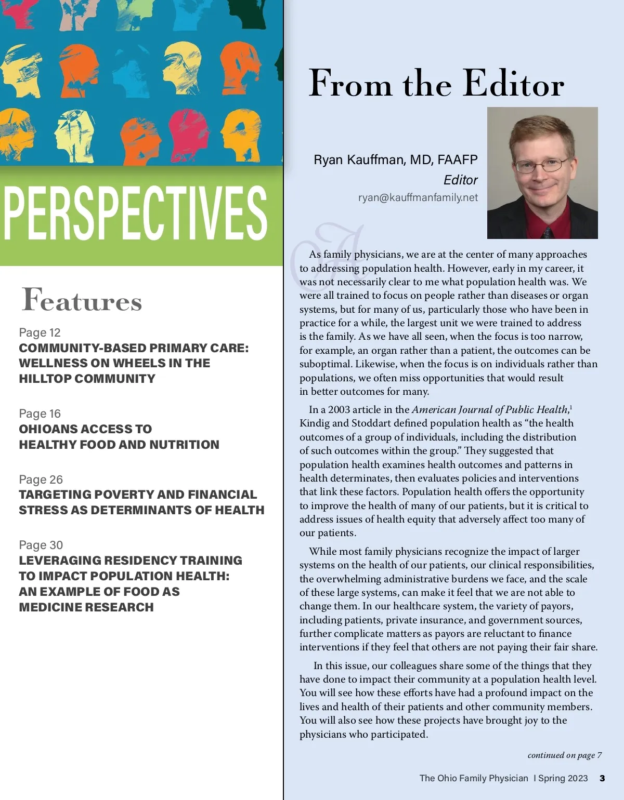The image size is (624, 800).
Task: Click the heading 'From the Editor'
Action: tap(436, 84)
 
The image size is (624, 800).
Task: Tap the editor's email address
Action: tap(418, 197)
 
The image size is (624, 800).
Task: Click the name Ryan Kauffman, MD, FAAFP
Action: tap(395, 159)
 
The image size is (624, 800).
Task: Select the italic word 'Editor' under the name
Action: tap(460, 180)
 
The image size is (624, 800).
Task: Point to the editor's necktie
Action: tap(547, 232)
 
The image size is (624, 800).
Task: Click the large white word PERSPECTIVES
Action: tap(135, 214)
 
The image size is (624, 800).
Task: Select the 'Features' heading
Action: tap(82, 300)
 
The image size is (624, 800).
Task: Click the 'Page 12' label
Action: tap(40, 332)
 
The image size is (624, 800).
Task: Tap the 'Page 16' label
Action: tap(40, 414)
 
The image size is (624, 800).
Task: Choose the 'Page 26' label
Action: tap(41, 479)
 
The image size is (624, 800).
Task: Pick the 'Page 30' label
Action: tap(41, 545)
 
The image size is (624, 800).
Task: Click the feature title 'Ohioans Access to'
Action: tap(85, 429)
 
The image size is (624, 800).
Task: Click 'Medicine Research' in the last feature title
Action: tap(86, 607)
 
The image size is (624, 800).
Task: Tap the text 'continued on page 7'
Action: tap(564, 755)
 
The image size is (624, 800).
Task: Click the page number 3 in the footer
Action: tap(602, 778)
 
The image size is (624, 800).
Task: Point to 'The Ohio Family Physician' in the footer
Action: tap(474, 778)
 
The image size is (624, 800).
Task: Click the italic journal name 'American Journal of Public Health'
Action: tap(489, 409)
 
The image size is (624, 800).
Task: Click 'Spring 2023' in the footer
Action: tap(563, 778)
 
